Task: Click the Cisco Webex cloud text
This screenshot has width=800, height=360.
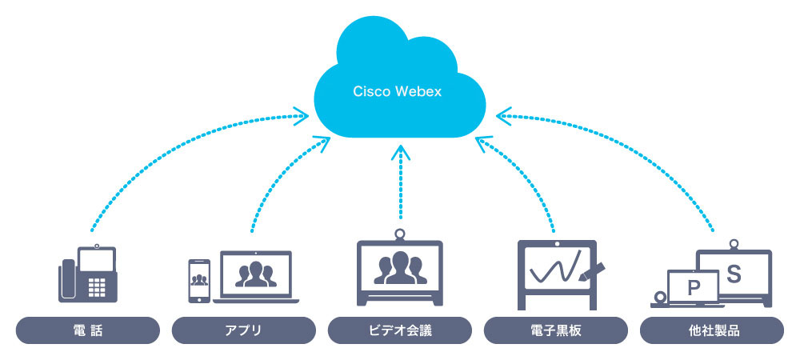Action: point(398,91)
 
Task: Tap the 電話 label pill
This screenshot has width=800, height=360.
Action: point(87,330)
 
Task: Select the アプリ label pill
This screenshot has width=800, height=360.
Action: point(244,330)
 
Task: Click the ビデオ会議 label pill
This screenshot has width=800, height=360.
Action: point(400,330)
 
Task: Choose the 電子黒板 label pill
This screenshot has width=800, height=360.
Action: point(557,330)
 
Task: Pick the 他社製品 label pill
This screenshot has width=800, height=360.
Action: point(712,330)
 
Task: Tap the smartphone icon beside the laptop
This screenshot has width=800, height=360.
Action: point(198,281)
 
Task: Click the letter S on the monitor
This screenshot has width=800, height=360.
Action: point(734,272)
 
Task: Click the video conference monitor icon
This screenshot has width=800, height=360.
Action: point(401,272)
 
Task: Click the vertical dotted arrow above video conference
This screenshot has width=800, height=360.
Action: point(400,184)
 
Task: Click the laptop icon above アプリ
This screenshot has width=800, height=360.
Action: point(256,277)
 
